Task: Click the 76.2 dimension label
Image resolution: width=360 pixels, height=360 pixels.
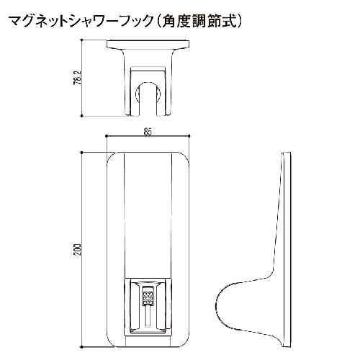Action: coord(78,78)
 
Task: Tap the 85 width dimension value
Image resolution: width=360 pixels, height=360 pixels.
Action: coord(148,132)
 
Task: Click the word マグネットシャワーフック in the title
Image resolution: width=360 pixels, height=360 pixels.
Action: coord(81,22)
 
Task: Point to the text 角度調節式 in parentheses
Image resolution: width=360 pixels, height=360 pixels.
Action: coord(199,22)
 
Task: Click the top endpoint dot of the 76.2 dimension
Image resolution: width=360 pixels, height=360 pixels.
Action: coord(81,40)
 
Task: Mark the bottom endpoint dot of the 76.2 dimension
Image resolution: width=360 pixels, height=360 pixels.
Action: coord(81,116)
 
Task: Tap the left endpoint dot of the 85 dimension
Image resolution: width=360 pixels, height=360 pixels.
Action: coord(107,136)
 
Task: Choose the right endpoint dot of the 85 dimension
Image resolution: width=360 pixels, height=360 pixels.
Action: coord(189,136)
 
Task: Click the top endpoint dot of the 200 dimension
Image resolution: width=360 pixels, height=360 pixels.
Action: coord(81,153)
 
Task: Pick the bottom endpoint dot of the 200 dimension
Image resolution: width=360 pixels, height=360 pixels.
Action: coord(81,347)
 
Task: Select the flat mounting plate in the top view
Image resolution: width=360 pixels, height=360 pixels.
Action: coord(148,44)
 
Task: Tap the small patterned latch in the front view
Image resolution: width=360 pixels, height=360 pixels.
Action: coord(148,297)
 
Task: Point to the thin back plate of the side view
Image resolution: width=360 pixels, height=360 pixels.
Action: coord(287,250)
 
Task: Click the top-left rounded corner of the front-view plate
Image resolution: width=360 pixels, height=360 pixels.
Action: coord(110,156)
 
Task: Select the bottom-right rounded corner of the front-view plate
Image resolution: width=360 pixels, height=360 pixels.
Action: coord(186,343)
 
